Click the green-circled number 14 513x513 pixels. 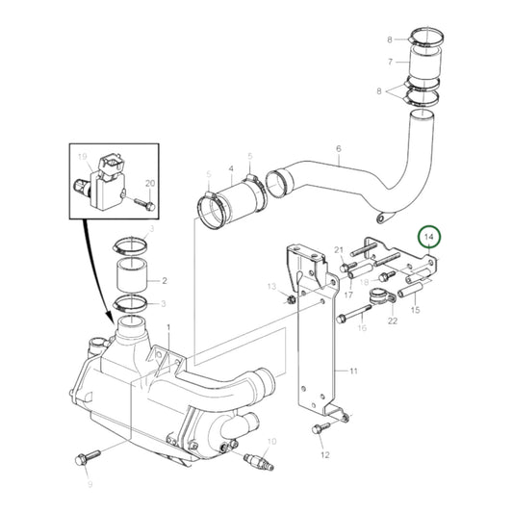430,237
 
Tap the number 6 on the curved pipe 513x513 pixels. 338,149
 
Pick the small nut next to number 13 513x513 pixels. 290,298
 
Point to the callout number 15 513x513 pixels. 416,310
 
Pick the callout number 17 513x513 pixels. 349,295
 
